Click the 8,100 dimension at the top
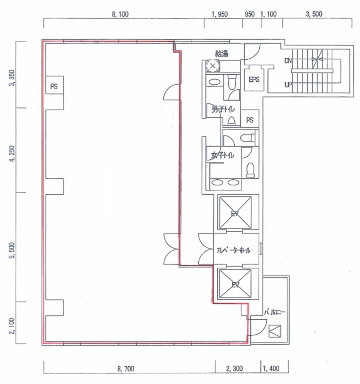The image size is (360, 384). coord(120,14)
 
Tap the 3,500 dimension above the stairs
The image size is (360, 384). coord(314,14)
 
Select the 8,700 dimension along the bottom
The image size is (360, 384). coord(126,369)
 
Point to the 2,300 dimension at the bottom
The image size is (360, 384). coord(234,368)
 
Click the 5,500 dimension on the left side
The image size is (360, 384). coord(12,250)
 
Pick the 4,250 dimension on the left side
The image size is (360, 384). coord(12,154)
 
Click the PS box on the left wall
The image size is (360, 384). coord(54,85)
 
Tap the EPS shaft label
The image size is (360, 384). coord(254,80)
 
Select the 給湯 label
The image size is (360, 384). coord(222,53)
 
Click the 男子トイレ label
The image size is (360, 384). coord(223,109)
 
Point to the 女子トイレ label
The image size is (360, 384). coord(223,155)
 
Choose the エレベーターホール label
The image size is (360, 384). coord(233,250)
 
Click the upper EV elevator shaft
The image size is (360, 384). coord(235,212)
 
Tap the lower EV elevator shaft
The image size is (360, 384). coord(235,284)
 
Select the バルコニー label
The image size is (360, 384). coord(274,313)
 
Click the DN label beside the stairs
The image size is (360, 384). coord(288,61)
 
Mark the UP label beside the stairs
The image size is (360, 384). coord(288,85)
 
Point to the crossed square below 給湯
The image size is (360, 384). coord(213,66)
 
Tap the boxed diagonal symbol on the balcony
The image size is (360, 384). coord(275,331)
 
